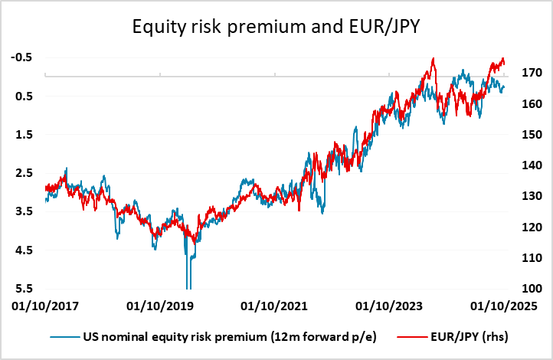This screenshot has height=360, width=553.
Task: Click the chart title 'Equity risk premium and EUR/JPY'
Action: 276,28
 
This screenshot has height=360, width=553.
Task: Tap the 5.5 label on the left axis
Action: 23,289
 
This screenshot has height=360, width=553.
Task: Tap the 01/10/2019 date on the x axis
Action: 159,306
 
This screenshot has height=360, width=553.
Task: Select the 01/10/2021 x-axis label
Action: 274,306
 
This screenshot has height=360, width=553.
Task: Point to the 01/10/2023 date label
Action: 389,306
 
